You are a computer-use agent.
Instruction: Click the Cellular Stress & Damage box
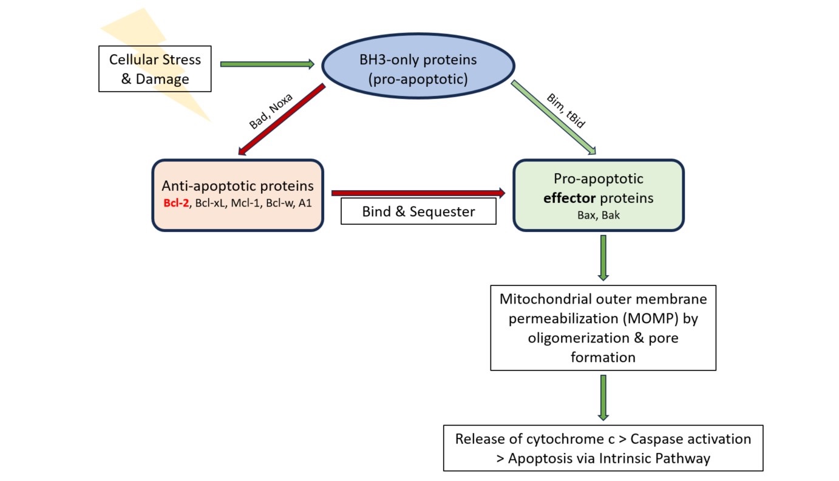pos(155,69)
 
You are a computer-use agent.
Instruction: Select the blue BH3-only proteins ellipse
pos(418,66)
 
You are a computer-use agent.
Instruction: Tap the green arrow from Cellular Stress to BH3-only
pos(267,64)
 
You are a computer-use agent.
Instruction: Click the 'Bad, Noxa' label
pos(271,111)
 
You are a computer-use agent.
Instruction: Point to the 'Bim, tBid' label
pos(566,111)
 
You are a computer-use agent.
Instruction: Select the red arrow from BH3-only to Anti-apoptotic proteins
pos(282,120)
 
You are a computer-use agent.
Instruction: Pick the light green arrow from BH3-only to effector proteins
pos(554,117)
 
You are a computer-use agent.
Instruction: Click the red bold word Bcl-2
pos(176,203)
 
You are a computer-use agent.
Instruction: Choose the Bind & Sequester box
pos(418,211)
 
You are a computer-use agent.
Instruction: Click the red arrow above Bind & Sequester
pos(418,193)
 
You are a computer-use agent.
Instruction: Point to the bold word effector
pos(569,198)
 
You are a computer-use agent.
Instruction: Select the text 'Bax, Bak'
pos(599,215)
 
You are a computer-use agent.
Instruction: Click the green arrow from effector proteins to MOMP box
pos(603,258)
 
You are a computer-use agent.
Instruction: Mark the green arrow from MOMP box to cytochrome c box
pos(603,398)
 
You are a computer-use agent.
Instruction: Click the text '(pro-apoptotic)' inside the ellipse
pos(418,79)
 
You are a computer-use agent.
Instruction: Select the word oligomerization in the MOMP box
pos(579,338)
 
